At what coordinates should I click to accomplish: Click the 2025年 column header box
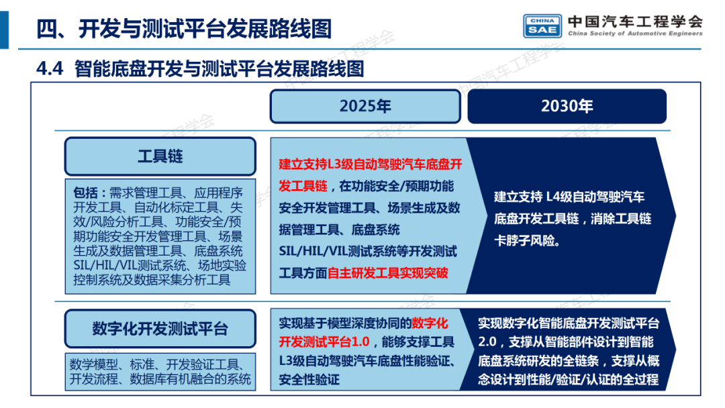(x=365, y=106)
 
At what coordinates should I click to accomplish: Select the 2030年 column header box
(x=567, y=106)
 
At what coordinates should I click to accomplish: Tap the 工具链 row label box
(x=160, y=156)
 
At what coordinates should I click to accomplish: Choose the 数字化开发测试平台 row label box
(x=160, y=329)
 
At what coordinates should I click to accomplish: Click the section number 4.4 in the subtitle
(x=50, y=68)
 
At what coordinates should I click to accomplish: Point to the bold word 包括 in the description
(x=88, y=193)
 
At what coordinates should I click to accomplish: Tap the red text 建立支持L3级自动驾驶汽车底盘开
(x=370, y=164)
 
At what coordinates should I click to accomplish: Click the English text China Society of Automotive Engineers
(x=634, y=34)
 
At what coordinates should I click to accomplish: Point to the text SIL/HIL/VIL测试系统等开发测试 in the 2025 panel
(x=367, y=252)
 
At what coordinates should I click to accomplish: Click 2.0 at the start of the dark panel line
(x=487, y=342)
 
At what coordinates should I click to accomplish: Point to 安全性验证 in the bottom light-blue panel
(x=309, y=380)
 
